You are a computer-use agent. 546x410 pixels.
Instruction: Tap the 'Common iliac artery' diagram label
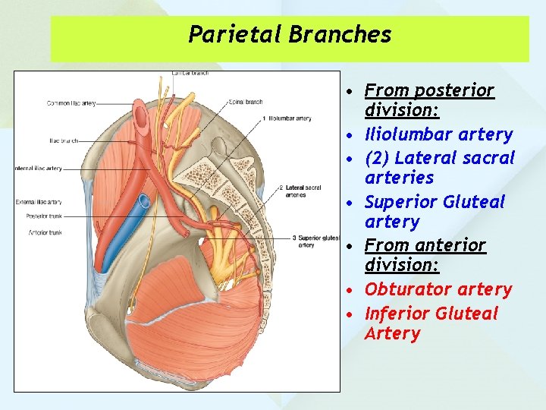[x=71, y=103]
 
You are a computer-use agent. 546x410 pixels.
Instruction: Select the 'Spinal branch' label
[x=246, y=100]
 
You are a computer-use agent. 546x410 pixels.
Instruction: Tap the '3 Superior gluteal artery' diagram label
[x=315, y=241]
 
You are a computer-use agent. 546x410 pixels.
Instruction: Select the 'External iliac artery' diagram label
[x=39, y=202]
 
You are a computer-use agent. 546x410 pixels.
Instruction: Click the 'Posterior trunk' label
[x=44, y=216]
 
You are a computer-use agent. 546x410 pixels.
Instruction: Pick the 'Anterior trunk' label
[x=44, y=232]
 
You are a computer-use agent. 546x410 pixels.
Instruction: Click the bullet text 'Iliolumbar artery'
[x=438, y=134]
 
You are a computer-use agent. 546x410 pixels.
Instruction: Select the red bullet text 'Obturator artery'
[x=438, y=289]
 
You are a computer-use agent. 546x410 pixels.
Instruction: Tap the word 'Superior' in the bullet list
[x=400, y=202]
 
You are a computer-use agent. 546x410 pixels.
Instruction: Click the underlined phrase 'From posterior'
[x=429, y=91]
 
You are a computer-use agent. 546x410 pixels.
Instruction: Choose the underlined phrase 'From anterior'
[x=425, y=245]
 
